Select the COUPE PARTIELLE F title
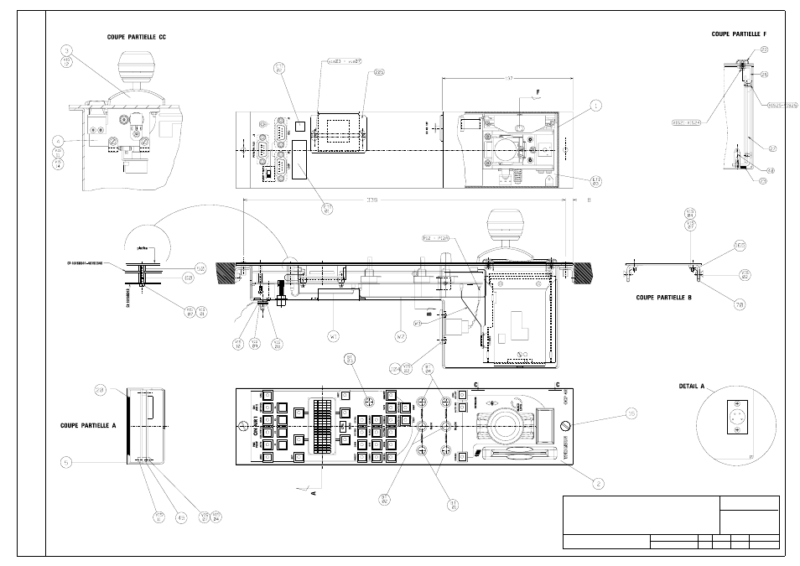[739, 34]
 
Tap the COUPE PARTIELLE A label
[88, 425]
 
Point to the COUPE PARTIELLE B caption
[663, 298]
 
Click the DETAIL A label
[692, 387]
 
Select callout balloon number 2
[599, 482]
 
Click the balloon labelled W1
[333, 337]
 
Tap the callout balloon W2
[400, 337]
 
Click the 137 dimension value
[508, 77]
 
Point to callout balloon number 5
[65, 461]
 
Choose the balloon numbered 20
[100, 390]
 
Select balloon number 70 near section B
[740, 304]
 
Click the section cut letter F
[528, 91]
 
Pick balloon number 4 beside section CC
[59, 140]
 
